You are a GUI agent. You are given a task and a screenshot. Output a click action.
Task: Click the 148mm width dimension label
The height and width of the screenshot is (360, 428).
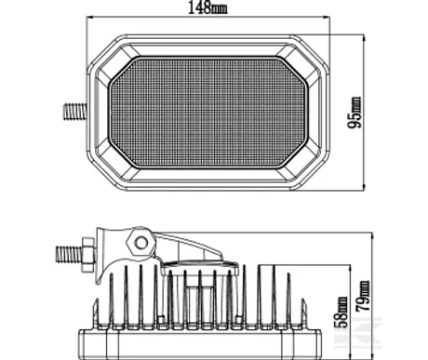pos(207,7)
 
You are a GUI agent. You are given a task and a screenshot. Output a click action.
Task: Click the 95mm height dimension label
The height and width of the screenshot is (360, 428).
pos(354,113)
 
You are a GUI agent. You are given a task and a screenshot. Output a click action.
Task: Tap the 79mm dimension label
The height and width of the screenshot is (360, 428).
pos(363,296)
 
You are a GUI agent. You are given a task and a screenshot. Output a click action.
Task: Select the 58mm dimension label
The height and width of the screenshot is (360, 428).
pos(341,313)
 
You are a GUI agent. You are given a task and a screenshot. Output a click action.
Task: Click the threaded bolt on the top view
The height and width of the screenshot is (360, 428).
pos(74,112)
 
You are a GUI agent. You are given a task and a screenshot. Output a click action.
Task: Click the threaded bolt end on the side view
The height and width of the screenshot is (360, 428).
pos(69,254)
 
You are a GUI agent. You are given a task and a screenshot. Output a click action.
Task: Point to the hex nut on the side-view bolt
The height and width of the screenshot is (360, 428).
pos(87,255)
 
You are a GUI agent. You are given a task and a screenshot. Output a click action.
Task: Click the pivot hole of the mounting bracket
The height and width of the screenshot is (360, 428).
pos(141,243)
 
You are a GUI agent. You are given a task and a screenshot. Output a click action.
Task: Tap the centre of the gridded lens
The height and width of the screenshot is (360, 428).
pos(208,113)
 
